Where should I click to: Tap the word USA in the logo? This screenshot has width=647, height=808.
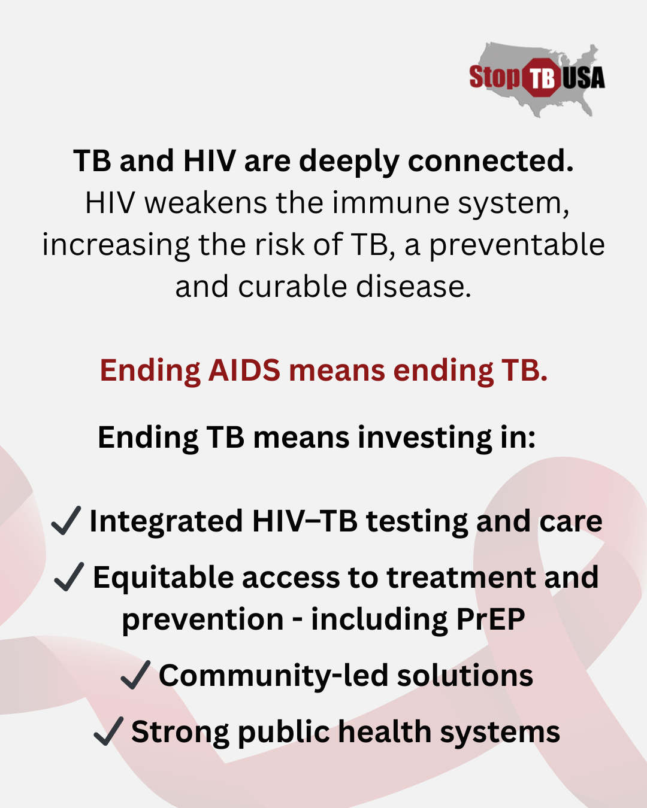coord(583,78)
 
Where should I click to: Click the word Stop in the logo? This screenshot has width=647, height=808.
coord(495,77)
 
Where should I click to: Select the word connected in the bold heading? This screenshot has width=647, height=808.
coord(490,160)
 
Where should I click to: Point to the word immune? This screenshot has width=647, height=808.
coord(391,203)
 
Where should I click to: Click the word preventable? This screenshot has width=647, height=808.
coord(517,245)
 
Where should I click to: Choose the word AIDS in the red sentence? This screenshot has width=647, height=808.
coord(244,370)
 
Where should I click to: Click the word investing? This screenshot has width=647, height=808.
coord(425,438)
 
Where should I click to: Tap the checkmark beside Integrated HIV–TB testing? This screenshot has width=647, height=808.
coord(66,520)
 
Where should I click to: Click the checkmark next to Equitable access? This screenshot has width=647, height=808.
coord(69,577)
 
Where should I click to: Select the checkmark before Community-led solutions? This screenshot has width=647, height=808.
coord(135,675)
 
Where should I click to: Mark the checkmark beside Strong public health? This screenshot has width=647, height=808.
coord(108,731)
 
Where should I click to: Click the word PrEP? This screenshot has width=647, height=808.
coord(491,619)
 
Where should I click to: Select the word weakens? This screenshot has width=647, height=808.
coord(205,203)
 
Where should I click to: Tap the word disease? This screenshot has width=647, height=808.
coord(413,287)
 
